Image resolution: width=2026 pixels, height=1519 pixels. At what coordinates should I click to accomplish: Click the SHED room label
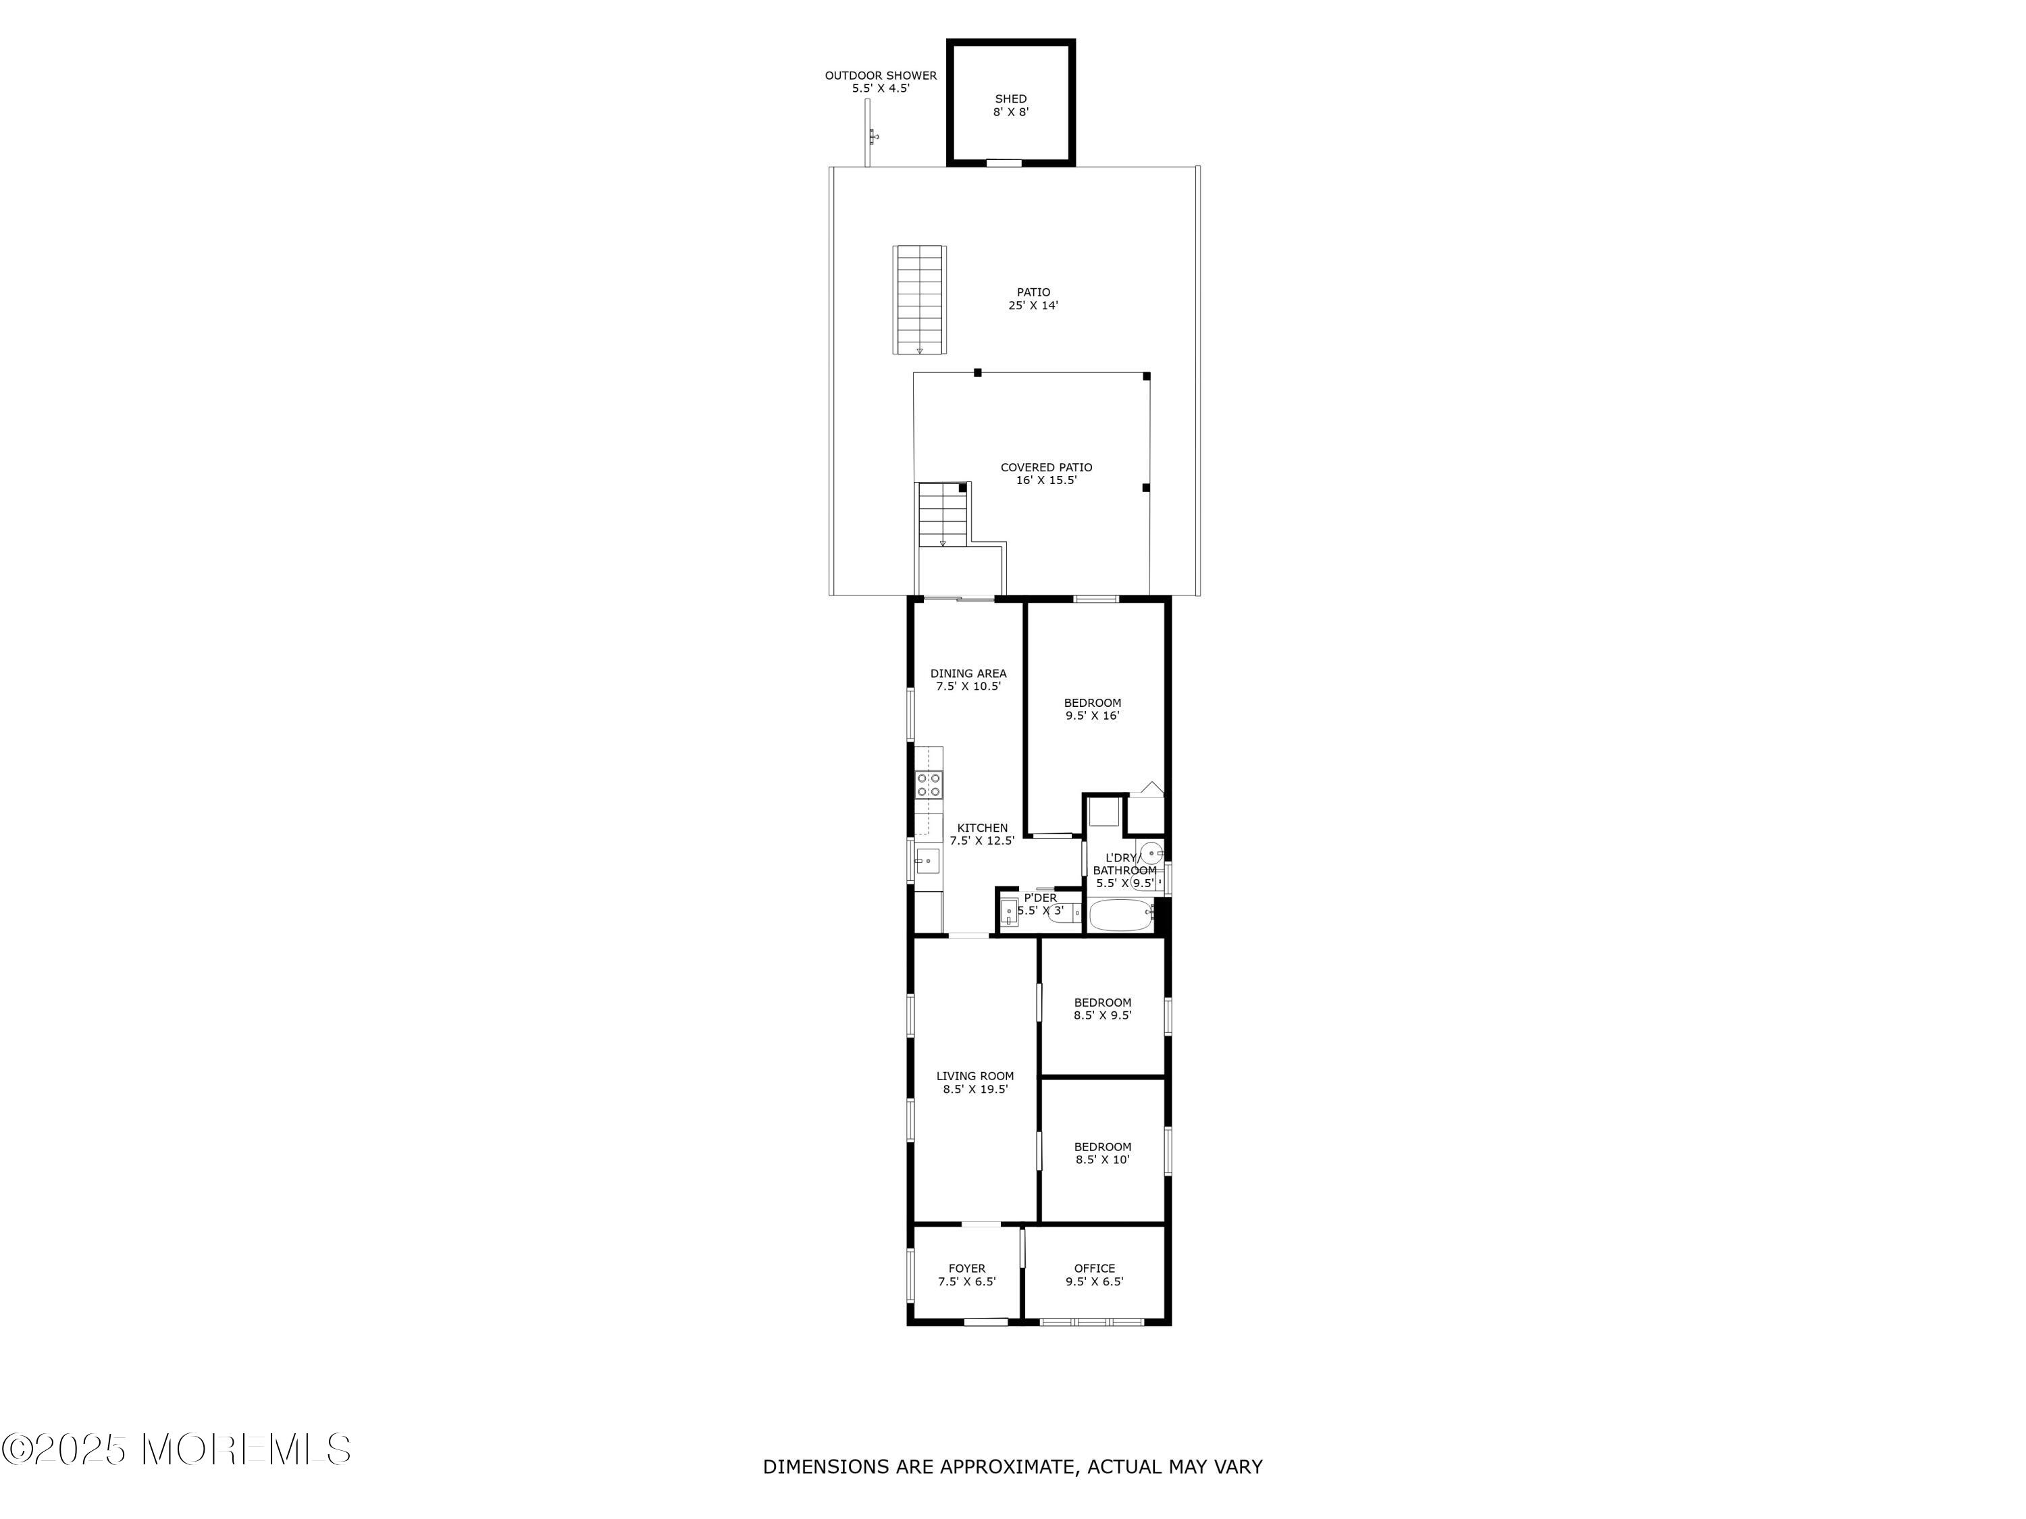pyautogui.click(x=1010, y=99)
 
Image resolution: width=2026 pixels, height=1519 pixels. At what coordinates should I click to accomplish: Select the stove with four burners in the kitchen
pyautogui.click(x=929, y=784)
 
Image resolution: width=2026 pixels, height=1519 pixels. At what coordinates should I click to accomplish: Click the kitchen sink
pyautogui.click(x=926, y=860)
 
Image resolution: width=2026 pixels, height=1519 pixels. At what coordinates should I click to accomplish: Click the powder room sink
pyautogui.click(x=1008, y=913)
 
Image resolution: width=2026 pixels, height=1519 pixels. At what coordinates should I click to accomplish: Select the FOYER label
pyautogui.click(x=966, y=1268)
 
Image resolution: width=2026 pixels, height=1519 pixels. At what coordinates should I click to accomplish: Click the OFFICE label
pyautogui.click(x=1095, y=1268)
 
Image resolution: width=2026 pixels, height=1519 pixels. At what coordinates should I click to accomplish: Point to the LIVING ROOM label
pyautogui.click(x=975, y=1076)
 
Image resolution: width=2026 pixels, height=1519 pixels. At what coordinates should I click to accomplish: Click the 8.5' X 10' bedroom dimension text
pyautogui.click(x=1103, y=1159)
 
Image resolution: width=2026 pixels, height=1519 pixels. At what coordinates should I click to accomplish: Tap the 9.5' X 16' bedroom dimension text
pyautogui.click(x=1093, y=716)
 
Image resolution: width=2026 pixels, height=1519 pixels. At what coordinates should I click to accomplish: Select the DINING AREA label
pyautogui.click(x=968, y=673)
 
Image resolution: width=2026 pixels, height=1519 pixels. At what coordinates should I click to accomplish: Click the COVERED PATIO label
pyautogui.click(x=1046, y=467)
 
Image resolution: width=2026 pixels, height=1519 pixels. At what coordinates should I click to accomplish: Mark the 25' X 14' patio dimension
pyautogui.click(x=1033, y=306)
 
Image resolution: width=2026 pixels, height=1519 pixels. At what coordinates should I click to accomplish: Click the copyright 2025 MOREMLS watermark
pyautogui.click(x=176, y=1449)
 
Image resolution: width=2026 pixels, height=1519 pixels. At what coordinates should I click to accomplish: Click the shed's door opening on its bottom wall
pyautogui.click(x=1003, y=163)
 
